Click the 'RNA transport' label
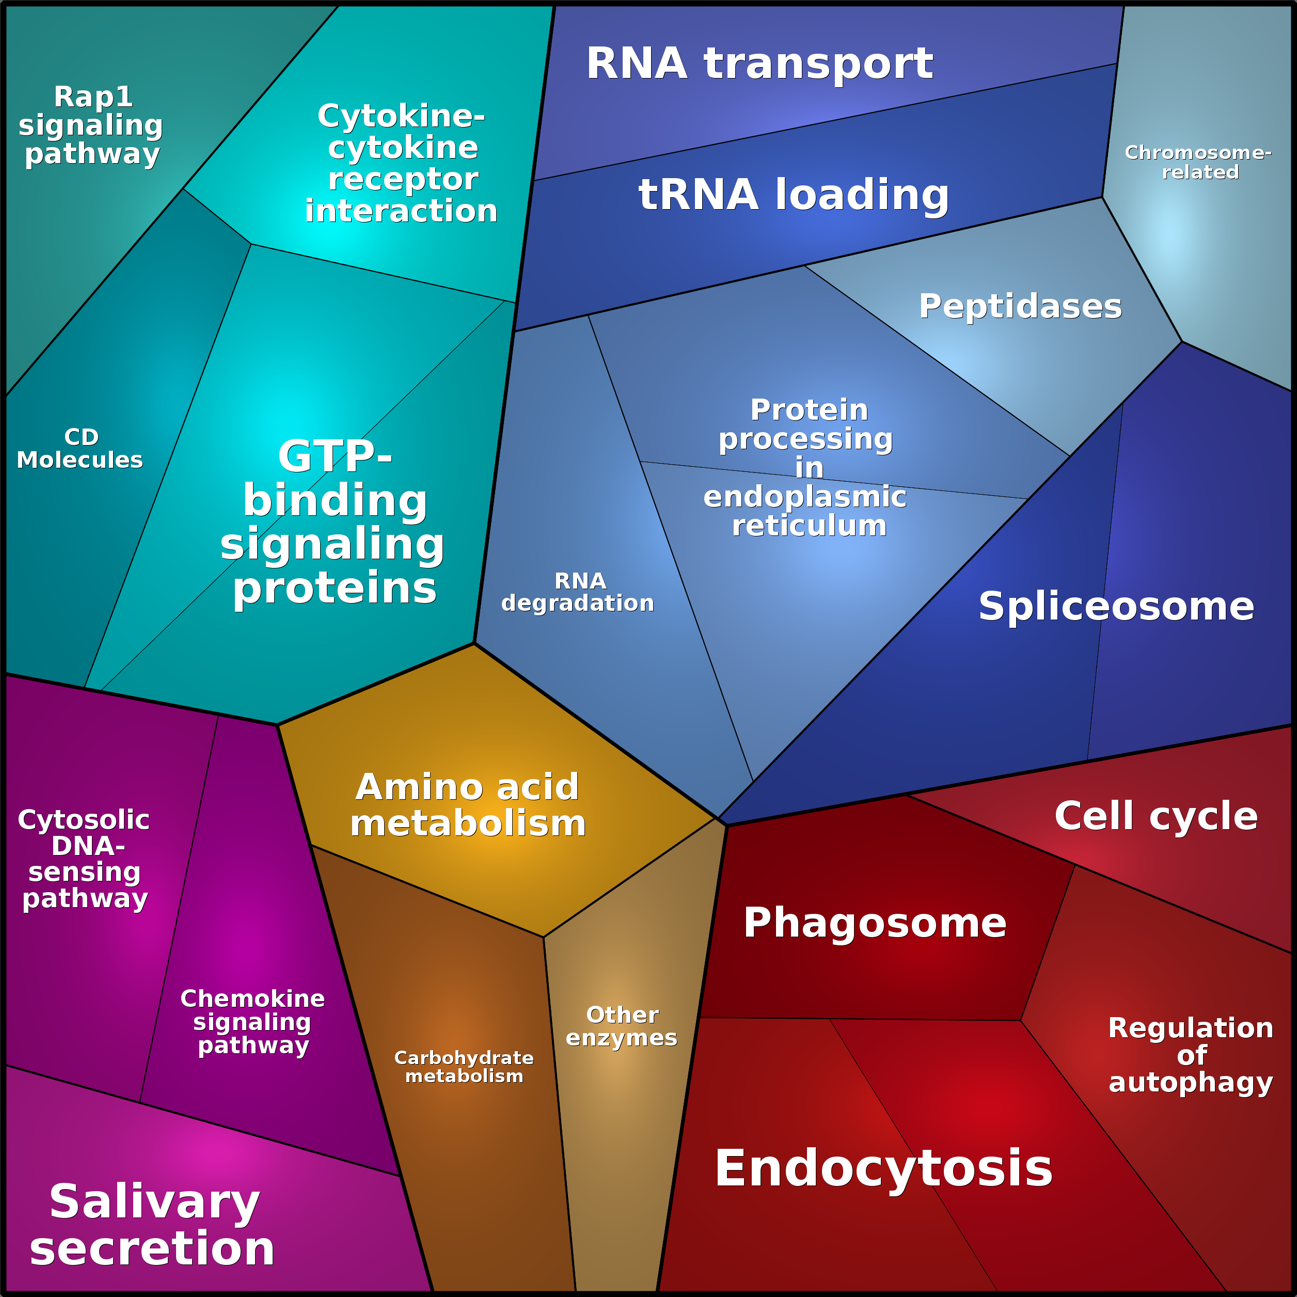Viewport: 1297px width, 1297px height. point(760,64)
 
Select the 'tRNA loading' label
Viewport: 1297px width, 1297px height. point(794,195)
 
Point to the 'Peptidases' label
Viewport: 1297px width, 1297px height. point(1020,306)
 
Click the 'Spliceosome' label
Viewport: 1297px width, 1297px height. point(1116,606)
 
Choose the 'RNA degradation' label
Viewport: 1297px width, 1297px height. point(578,592)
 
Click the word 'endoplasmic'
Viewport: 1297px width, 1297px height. point(804,497)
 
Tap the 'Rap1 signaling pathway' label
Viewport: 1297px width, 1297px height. point(91,125)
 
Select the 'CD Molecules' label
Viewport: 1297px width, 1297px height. point(81,449)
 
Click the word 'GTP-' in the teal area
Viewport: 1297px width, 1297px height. point(335,457)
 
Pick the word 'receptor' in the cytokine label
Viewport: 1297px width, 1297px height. point(403,179)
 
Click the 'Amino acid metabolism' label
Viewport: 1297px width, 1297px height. point(468,805)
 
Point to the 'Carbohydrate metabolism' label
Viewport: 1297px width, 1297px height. point(464,1067)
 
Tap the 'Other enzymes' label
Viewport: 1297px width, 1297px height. point(622,1026)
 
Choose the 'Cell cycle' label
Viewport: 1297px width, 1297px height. point(1156,816)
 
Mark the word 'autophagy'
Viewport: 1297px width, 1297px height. point(1190,1083)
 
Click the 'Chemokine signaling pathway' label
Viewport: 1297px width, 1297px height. point(252,1022)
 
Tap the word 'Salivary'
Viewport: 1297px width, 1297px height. point(154,1201)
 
